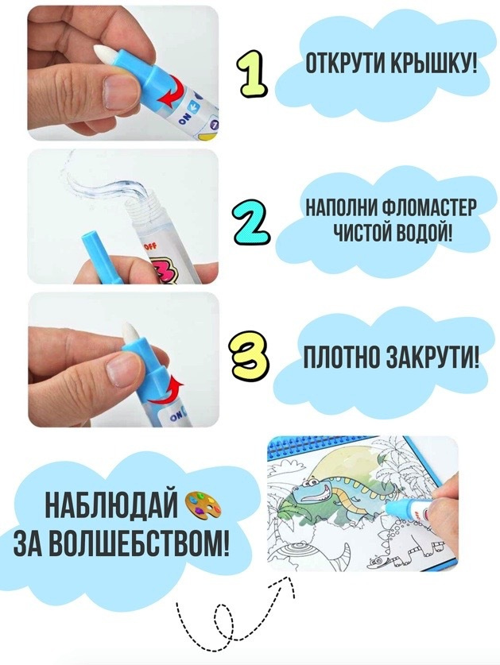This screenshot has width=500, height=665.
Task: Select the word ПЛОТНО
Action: pyautogui.click(x=339, y=360)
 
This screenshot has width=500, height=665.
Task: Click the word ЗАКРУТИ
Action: pyautogui.click(x=432, y=360)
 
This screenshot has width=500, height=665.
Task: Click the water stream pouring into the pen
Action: pyautogui.click(x=106, y=183)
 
